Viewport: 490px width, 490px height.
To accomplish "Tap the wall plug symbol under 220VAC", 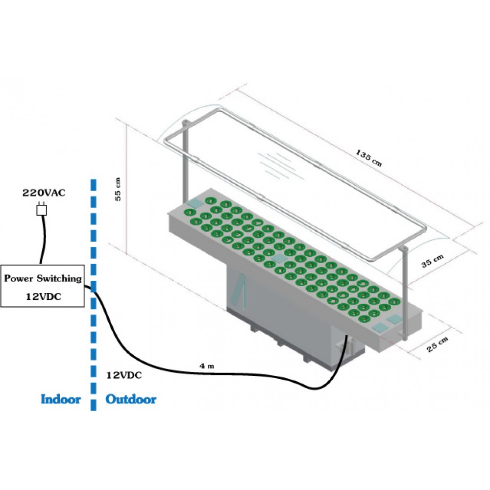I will click(42, 210).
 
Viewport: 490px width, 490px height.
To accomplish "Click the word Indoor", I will click(61, 399).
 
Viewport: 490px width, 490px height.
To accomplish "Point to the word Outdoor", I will click(131, 399).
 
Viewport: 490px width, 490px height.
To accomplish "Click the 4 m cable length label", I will click(206, 366).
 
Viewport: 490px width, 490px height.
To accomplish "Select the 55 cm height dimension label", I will click(118, 188).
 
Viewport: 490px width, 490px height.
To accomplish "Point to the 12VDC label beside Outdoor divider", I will click(124, 375).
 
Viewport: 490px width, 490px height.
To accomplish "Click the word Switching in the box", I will click(57, 278).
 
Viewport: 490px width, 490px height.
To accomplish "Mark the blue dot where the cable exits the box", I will click(93, 288).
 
